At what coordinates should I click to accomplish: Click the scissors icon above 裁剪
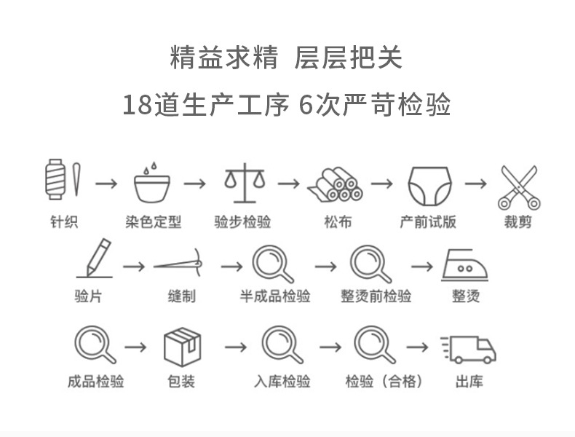[x=517, y=186]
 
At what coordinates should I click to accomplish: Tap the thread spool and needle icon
[x=63, y=178]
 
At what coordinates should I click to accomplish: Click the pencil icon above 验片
[x=95, y=259]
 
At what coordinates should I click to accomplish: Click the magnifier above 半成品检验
[x=274, y=264]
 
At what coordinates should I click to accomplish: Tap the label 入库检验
[x=282, y=381]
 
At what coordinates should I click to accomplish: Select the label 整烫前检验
[x=376, y=296]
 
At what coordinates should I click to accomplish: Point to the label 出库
[x=469, y=381]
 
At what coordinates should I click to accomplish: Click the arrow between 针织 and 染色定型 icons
[x=106, y=182]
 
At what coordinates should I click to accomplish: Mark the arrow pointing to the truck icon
[x=417, y=347]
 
